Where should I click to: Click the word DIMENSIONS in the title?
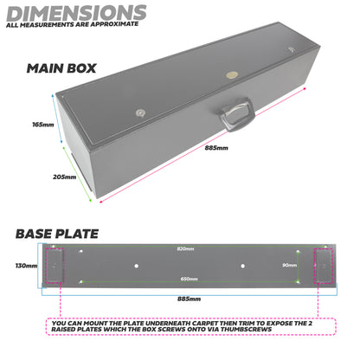(x=75, y=12)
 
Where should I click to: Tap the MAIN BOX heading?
(x=61, y=68)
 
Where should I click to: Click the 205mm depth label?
(x=64, y=177)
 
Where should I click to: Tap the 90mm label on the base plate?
(x=292, y=265)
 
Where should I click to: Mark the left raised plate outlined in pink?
(x=51, y=265)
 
